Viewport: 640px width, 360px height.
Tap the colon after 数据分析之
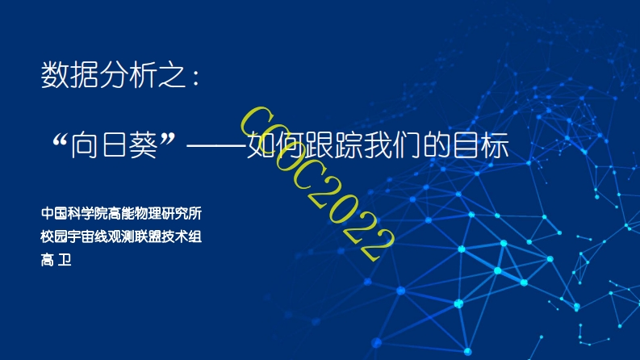pos(196,77)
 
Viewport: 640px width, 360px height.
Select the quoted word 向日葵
pos(115,145)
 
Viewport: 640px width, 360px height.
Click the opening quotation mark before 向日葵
pos(60,140)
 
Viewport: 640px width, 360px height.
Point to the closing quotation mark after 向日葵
pos(167,139)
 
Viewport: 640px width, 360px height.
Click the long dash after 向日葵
pos(216,146)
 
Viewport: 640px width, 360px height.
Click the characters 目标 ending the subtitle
pos(481,145)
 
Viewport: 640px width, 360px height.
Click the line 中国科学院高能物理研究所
pos(121,213)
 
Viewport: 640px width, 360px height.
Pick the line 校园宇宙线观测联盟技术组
pos(121,237)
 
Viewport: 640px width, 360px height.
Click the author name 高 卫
pos(56,260)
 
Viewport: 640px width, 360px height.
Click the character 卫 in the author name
pos(65,260)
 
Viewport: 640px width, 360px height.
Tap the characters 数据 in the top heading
pos(69,75)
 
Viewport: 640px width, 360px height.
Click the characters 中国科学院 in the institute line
pos(74,213)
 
